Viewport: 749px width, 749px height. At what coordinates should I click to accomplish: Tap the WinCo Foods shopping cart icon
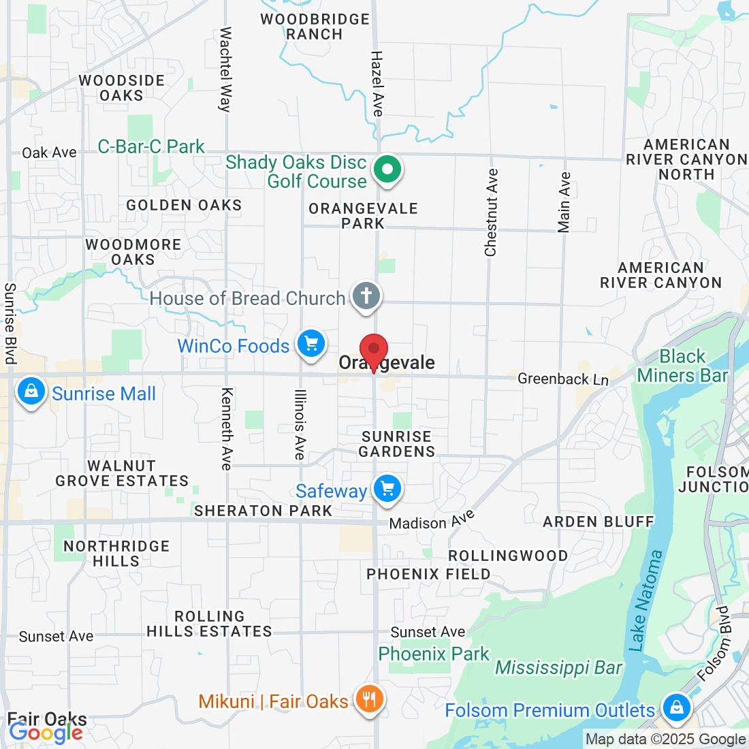[311, 343]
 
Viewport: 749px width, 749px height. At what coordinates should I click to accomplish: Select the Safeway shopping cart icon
[387, 489]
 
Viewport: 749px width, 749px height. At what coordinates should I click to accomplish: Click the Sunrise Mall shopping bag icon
[31, 392]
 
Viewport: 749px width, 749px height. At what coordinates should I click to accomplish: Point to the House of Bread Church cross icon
[366, 296]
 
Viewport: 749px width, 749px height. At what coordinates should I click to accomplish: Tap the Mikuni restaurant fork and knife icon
[369, 699]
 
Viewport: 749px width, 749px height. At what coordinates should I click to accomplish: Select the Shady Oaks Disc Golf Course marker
[387, 168]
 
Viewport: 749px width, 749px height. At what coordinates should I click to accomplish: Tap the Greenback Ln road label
[563, 379]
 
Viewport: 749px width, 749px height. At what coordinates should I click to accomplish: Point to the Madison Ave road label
[432, 520]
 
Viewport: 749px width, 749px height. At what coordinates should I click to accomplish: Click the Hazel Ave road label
[377, 83]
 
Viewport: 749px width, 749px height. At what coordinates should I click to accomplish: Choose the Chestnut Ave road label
[491, 212]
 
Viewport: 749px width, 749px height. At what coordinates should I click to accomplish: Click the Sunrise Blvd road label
[10, 323]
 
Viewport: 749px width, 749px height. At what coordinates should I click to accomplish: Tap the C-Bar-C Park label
[151, 146]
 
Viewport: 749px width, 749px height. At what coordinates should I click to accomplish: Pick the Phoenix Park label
[434, 654]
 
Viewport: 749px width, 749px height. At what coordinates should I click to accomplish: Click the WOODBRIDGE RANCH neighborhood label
[315, 27]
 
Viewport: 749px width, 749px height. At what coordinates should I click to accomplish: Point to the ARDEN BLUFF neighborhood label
[598, 522]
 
